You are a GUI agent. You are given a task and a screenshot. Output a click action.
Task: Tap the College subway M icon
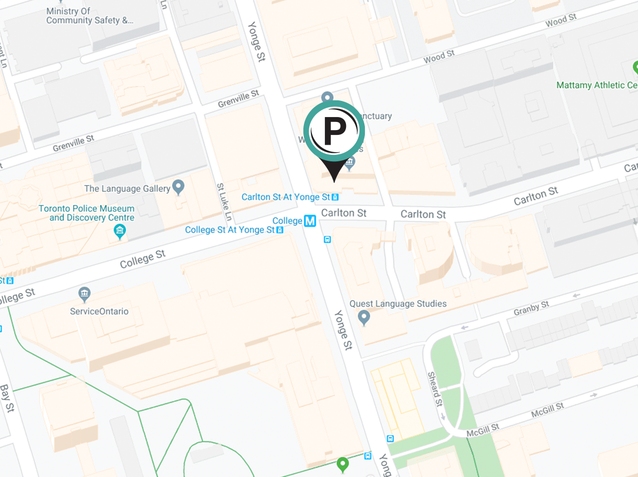(x=310, y=221)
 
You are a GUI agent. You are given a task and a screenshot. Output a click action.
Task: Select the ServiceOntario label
(x=99, y=311)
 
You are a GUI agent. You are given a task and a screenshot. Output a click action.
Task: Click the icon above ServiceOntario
(x=84, y=295)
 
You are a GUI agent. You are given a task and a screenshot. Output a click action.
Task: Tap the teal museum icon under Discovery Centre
(x=120, y=233)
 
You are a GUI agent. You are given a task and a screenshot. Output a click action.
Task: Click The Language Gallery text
(x=127, y=189)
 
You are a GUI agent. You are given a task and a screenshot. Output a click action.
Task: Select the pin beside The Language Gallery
(x=179, y=187)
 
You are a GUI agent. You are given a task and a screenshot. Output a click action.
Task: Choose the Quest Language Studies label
(x=398, y=304)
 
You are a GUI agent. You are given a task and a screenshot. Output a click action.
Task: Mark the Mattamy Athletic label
(x=597, y=85)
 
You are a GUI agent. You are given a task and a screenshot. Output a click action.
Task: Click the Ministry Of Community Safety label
(x=90, y=16)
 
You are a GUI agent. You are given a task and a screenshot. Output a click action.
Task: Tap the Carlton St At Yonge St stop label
(x=286, y=197)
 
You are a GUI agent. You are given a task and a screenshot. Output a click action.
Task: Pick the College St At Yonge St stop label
(x=230, y=230)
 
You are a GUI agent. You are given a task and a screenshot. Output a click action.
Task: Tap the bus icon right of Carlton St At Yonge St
(x=335, y=197)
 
